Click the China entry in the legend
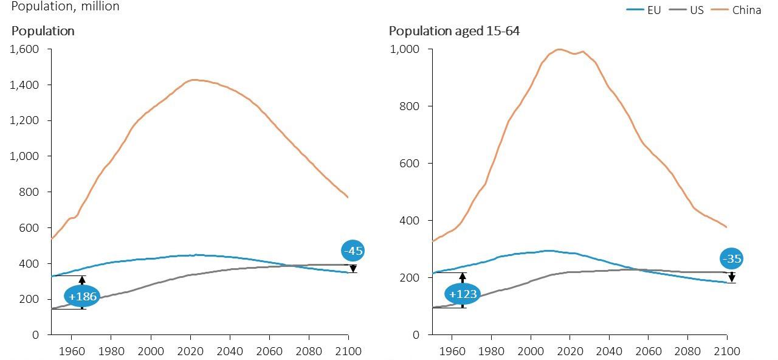pyautogui.click(x=746, y=10)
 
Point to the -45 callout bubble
pyautogui.click(x=353, y=251)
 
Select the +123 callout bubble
pyautogui.click(x=462, y=295)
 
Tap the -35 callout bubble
pyautogui.click(x=732, y=260)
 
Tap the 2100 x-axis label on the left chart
pyautogui.click(x=348, y=351)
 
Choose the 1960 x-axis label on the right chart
pyautogui.click(x=452, y=351)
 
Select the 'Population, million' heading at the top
pyautogui.click(x=66, y=7)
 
